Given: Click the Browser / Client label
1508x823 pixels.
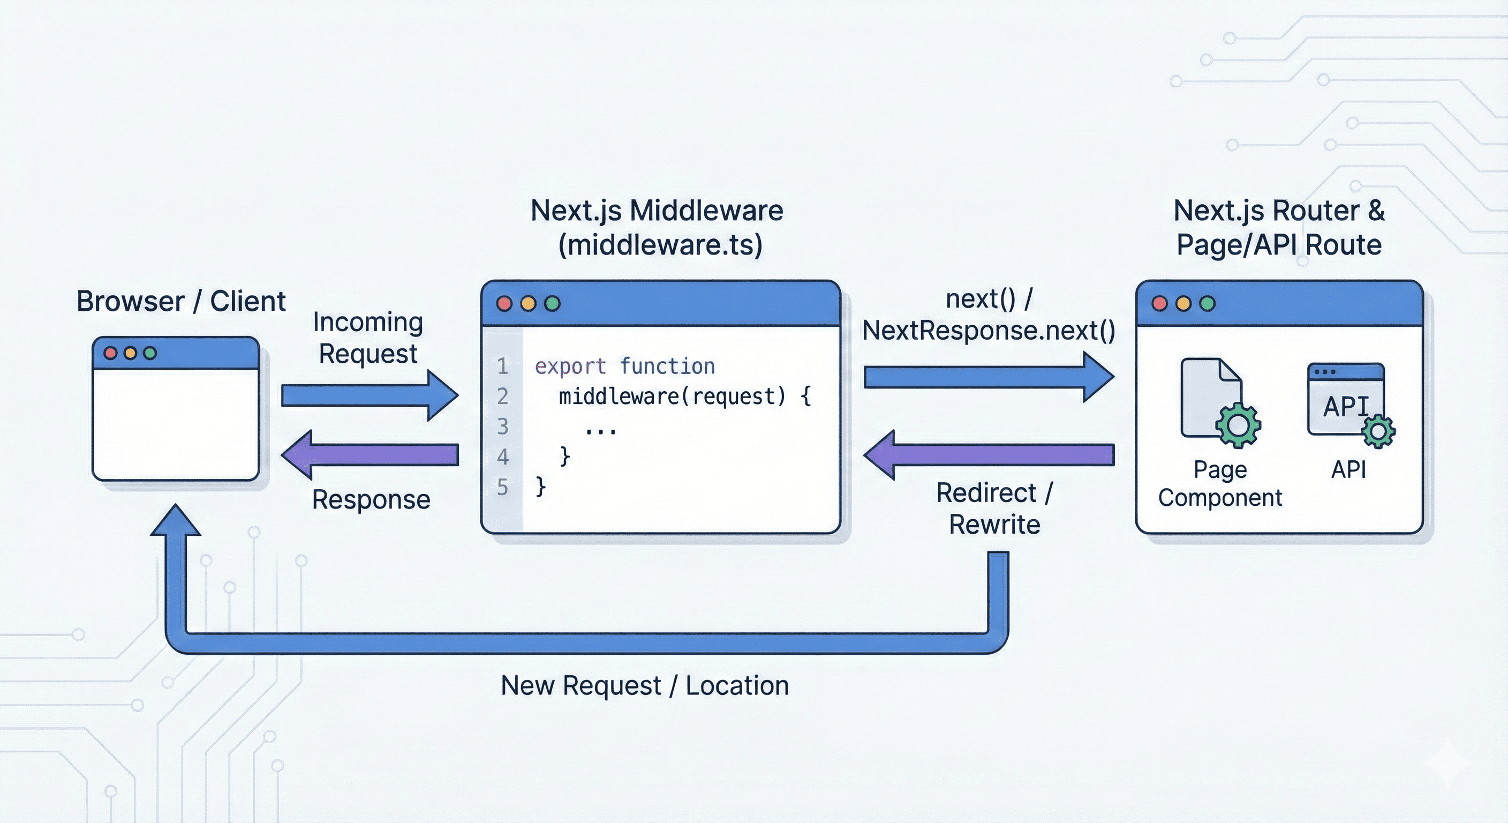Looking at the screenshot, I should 181,302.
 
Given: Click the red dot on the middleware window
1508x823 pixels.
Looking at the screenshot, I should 504,303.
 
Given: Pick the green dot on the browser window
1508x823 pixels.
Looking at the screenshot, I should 150,353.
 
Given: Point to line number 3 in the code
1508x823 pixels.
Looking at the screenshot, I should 502,427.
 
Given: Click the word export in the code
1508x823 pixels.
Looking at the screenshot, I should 570,366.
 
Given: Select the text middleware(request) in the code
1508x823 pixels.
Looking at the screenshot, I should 672,397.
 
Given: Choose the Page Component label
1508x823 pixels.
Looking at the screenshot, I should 1220,484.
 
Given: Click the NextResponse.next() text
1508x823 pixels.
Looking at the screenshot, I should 988,331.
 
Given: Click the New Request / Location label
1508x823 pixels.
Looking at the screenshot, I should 645,685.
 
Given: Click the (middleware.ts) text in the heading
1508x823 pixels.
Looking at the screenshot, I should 660,245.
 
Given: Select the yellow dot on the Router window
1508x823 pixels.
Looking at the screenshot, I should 1183,303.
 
